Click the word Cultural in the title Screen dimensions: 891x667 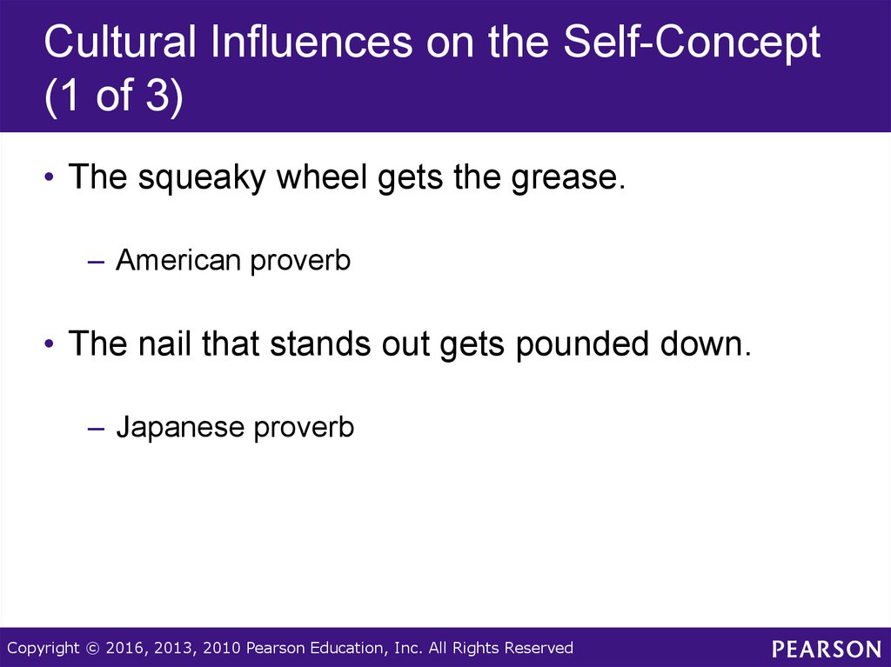click(x=120, y=42)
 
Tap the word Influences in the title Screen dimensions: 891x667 click(x=312, y=42)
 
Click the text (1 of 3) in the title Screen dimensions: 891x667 click(x=114, y=95)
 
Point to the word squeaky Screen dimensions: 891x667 click(x=202, y=177)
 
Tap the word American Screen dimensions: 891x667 click(x=178, y=260)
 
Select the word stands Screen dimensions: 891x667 click(x=320, y=344)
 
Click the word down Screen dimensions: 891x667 click(x=705, y=344)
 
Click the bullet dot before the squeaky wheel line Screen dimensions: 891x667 click(x=50, y=177)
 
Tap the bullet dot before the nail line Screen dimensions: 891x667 click(x=50, y=344)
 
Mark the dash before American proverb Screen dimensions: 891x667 click(x=97, y=262)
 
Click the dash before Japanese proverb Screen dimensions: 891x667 click(x=97, y=428)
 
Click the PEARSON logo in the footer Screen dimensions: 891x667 click(x=827, y=648)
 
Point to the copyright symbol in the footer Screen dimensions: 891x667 click(x=92, y=648)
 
